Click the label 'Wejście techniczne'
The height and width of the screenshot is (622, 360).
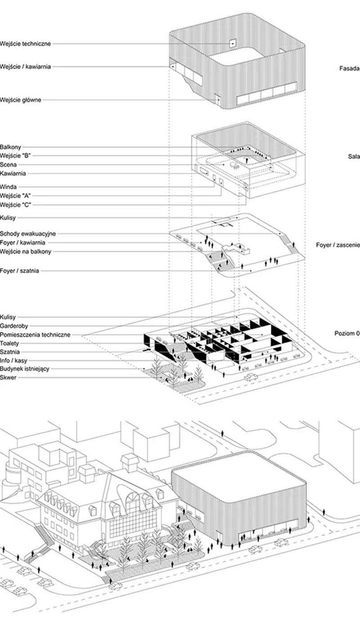click(26, 44)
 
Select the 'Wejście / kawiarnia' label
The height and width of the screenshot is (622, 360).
click(26, 67)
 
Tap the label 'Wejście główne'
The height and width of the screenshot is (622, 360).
click(21, 100)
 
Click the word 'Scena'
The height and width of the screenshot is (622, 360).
click(9, 165)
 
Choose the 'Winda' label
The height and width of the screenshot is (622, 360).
click(9, 187)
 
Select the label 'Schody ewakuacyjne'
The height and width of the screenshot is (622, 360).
click(28, 233)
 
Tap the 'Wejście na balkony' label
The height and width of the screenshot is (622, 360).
click(26, 251)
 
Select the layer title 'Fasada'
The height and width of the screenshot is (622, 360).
click(349, 69)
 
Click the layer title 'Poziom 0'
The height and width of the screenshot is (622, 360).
click(346, 334)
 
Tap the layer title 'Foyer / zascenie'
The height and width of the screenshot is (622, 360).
click(337, 245)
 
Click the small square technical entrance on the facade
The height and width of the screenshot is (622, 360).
click(232, 43)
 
